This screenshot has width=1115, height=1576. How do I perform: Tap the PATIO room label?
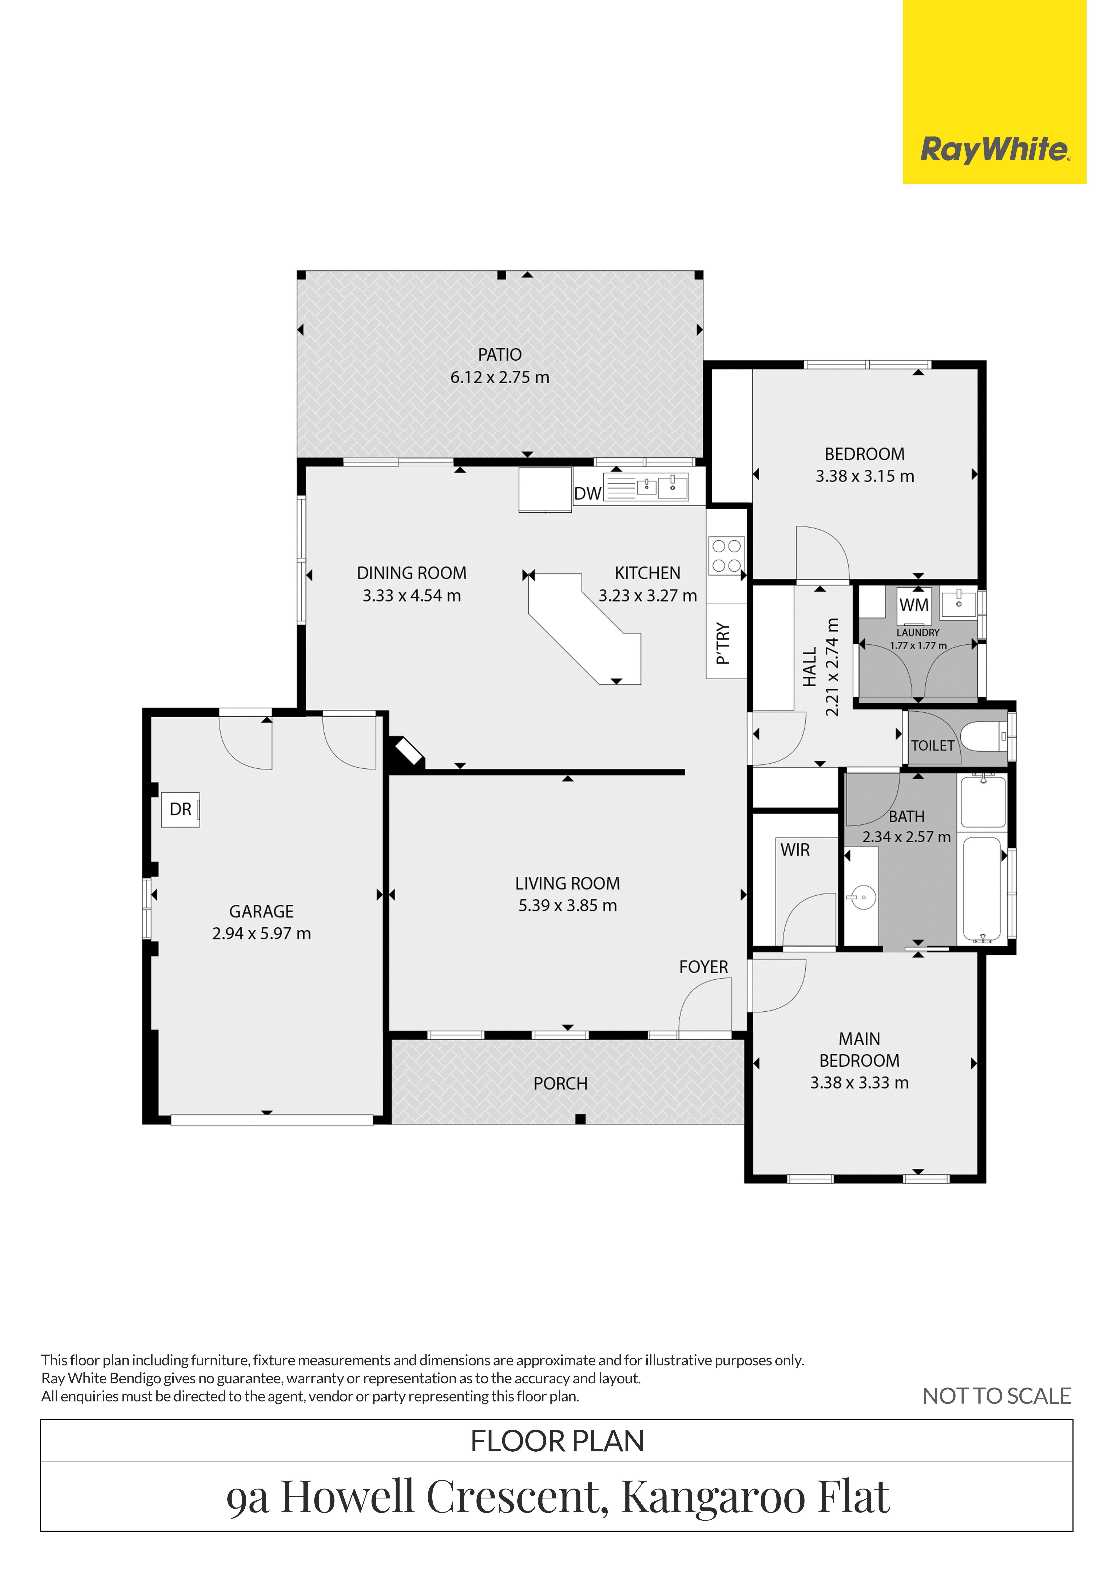[500, 355]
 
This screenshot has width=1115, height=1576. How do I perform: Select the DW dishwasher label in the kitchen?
[588, 493]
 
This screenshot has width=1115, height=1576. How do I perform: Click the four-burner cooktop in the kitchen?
[726, 556]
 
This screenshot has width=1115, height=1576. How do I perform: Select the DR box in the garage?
[180, 809]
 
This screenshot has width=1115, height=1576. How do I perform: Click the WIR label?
[795, 850]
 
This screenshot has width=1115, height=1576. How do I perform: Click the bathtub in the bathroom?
[982, 889]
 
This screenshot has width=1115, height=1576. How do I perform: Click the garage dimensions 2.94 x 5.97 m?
[262, 933]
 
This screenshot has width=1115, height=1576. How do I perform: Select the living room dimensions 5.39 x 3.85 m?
[568, 905]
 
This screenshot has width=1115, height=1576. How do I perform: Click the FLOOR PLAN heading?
[557, 1441]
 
